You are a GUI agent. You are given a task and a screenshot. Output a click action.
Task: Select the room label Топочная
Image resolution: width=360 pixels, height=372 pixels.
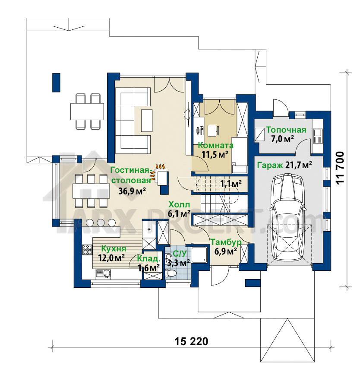pos(286,130)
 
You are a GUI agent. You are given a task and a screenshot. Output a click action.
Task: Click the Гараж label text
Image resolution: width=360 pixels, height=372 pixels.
pos(270,165)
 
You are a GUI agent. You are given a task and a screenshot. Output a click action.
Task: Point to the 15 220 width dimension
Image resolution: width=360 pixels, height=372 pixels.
pos(191,341)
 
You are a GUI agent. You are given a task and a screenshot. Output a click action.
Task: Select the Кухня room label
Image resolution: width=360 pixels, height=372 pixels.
pos(114,249)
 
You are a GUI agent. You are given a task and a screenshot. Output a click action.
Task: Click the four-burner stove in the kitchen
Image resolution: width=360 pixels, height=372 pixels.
pos(87,249)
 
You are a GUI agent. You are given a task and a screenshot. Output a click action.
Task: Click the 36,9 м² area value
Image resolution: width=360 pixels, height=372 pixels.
pos(132,191)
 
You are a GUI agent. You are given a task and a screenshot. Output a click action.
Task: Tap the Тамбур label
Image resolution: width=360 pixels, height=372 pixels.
pos(226,242)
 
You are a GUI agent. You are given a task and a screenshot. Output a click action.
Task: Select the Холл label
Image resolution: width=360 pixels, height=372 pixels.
pos(179,204)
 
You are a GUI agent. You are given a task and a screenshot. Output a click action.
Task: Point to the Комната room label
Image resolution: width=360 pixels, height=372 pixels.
pos(216,145)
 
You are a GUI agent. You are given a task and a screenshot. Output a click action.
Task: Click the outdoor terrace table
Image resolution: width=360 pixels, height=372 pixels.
pos(87,111)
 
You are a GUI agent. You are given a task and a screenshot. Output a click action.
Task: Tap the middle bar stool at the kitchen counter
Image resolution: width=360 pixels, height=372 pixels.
pos(101,223)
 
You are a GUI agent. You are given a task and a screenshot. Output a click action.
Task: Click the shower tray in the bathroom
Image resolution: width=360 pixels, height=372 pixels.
pos(200,255)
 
